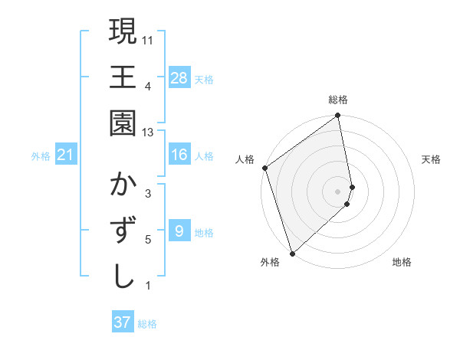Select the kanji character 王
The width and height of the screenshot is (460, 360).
pos(123,77)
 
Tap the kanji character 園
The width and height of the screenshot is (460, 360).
pos(123,123)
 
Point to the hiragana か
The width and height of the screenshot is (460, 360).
pos(123,185)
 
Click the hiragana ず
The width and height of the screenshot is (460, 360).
pos(123,231)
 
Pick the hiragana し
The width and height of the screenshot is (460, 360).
pos(123,277)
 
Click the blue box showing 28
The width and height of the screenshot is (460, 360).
pos(179,78)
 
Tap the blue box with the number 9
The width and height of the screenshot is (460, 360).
pos(179,231)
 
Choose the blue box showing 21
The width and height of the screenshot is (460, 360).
pos(66,155)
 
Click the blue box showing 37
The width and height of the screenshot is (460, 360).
pos(122,322)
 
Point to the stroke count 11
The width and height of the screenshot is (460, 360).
pos(148,39)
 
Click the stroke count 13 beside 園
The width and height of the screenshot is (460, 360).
pos(148,133)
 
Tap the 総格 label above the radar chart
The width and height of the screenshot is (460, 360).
pos(338,100)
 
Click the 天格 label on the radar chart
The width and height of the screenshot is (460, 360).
pos(432,159)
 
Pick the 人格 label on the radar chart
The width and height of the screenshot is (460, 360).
pos(245,159)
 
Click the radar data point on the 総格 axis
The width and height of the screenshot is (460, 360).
pos(338,116)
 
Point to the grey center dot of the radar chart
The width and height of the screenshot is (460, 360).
pos(338,190)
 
